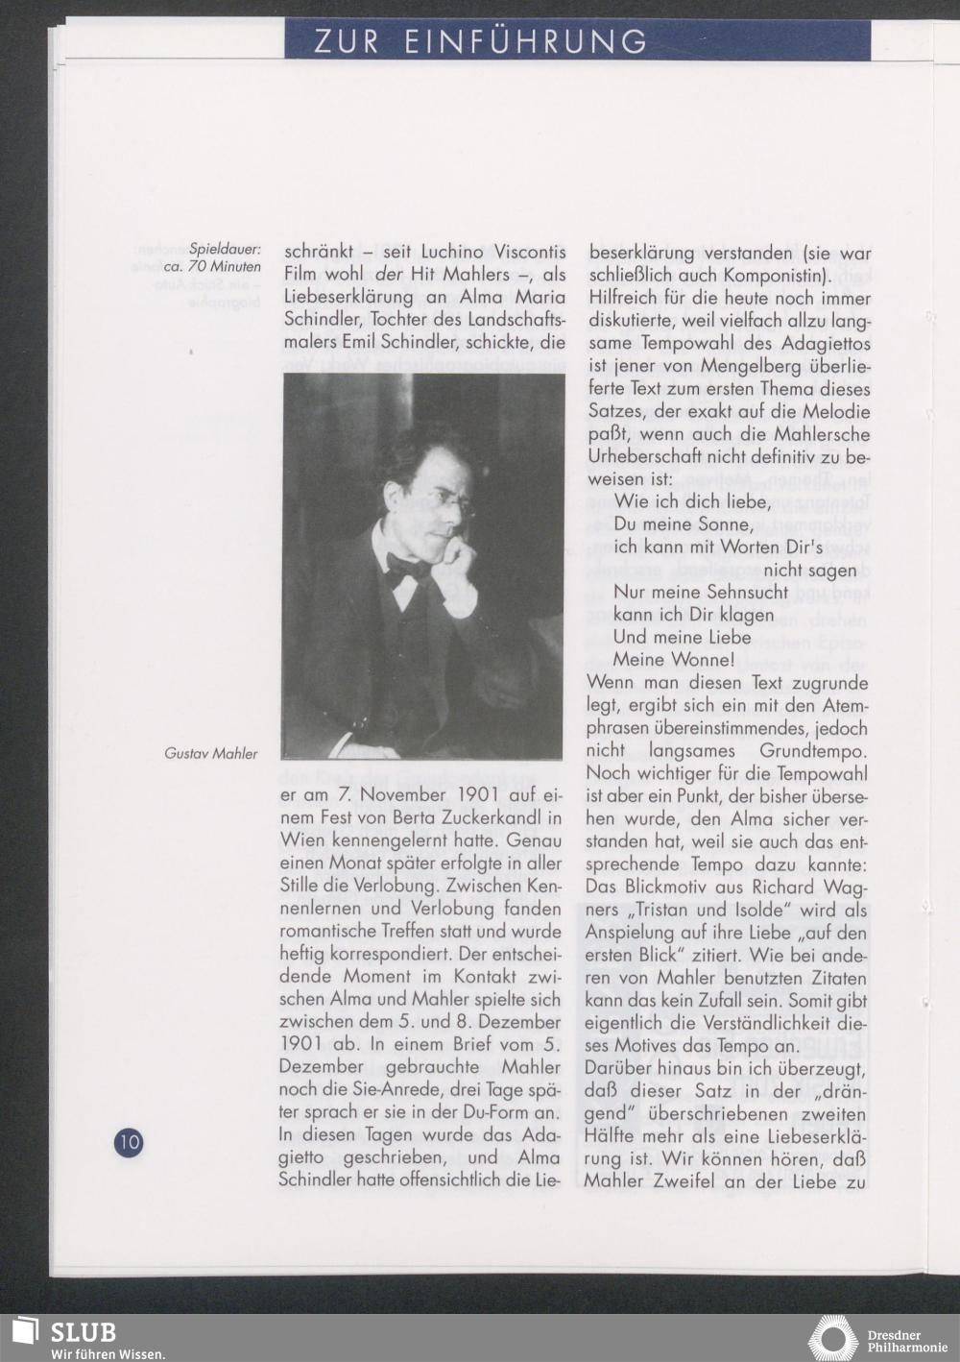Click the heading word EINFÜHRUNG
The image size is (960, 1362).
[526, 41]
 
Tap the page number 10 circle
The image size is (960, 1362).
[129, 1142]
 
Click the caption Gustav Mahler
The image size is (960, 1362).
[211, 754]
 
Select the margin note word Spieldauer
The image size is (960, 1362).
[226, 249]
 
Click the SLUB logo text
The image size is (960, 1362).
[84, 1332]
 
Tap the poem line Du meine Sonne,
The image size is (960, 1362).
[682, 524]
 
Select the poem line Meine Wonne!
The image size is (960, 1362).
[674, 660]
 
